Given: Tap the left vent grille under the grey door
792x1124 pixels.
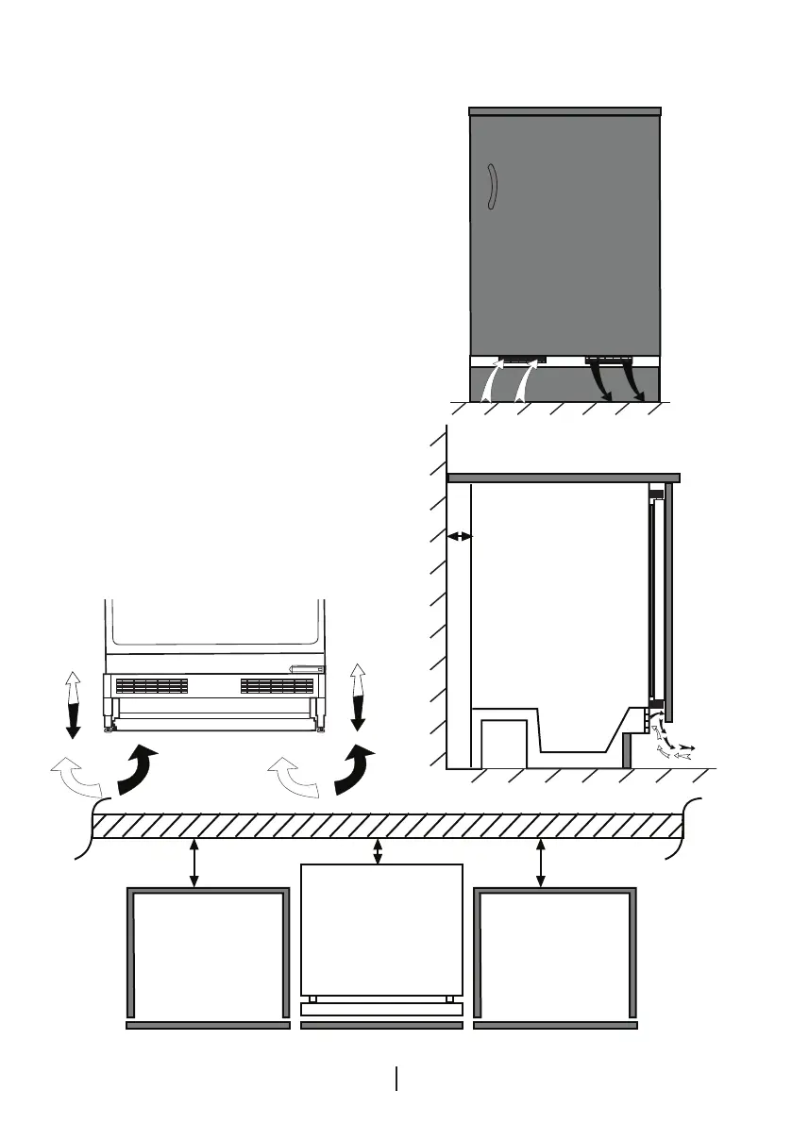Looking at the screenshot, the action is [521, 360].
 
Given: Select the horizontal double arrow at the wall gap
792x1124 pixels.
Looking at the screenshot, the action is [459, 536].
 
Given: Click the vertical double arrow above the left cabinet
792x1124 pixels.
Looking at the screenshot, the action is [194, 864].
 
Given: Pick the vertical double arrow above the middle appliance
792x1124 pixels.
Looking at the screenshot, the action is [379, 852].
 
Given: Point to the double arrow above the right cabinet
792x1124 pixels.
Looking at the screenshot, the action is [540, 864].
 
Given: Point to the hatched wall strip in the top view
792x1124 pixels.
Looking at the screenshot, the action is [387, 826].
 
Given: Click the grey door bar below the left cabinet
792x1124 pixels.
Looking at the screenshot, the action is [208, 1025].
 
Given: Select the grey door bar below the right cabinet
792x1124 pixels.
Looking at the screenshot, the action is [555, 1025].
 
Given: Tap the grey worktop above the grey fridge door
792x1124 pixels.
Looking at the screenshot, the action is [565, 112].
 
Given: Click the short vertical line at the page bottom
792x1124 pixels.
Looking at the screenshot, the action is [396, 1079].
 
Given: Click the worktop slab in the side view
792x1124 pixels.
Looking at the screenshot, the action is [564, 478].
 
